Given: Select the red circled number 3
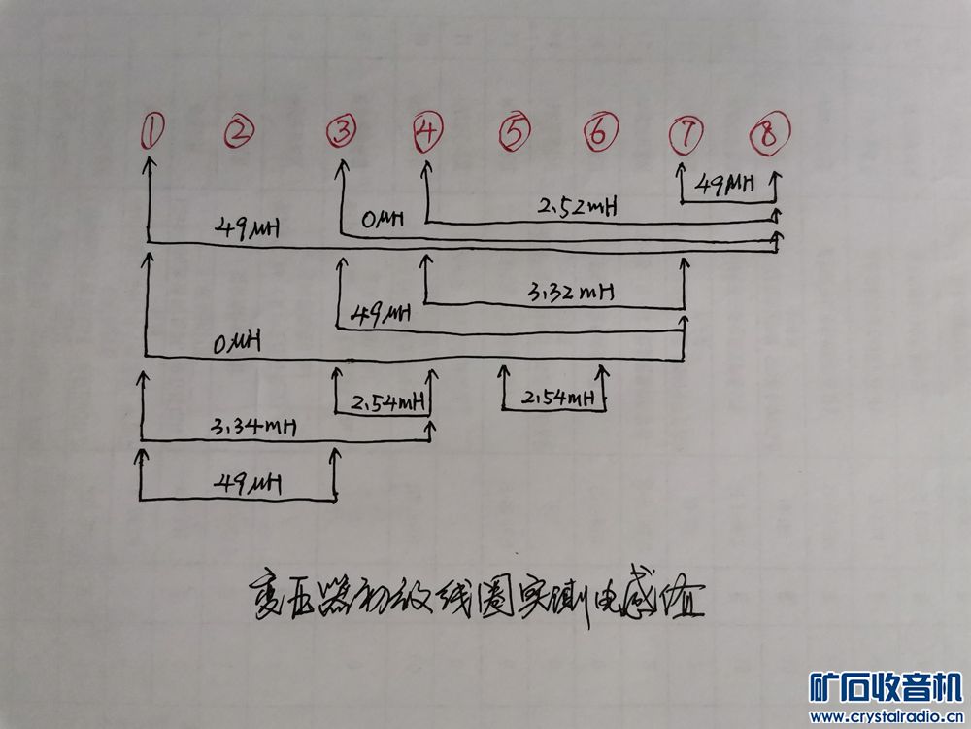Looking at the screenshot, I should pyautogui.click(x=340, y=130).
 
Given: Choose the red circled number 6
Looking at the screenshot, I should pyautogui.click(x=600, y=131).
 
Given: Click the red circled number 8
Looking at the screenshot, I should pyautogui.click(x=769, y=133).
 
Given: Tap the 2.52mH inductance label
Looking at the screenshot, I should pyautogui.click(x=578, y=206).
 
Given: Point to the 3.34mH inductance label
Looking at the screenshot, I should pyautogui.click(x=252, y=426).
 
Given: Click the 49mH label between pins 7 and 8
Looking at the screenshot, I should pyautogui.click(x=725, y=184).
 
